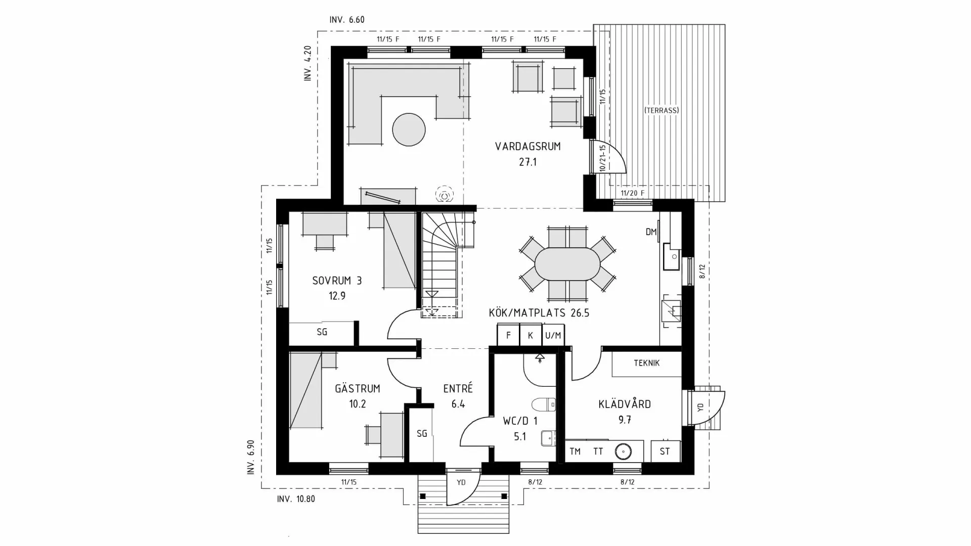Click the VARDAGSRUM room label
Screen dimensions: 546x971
tap(527, 147)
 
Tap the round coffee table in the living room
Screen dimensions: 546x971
tap(409, 129)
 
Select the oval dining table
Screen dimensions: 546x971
tap(567, 263)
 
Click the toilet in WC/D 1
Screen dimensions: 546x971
tap(544, 404)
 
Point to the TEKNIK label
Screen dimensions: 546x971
tap(646, 363)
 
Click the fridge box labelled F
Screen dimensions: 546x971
tap(508, 335)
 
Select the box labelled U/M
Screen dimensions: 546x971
tap(553, 335)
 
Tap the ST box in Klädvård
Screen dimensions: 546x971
tap(665, 451)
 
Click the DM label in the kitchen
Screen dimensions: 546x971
tap(651, 232)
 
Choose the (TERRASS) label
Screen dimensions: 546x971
tap(661, 110)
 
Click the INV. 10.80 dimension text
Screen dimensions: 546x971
tap(296, 499)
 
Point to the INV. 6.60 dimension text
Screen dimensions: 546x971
tap(346, 20)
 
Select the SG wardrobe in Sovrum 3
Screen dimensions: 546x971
tap(322, 332)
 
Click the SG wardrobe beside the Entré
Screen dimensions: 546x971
tap(422, 433)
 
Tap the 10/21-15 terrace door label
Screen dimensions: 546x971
tap(602, 158)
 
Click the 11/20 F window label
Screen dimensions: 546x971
tap(632, 193)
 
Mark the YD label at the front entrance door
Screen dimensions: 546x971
tap(461, 482)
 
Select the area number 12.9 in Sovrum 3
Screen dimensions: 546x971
tap(337, 296)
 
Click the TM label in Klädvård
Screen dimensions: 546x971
tap(575, 451)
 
